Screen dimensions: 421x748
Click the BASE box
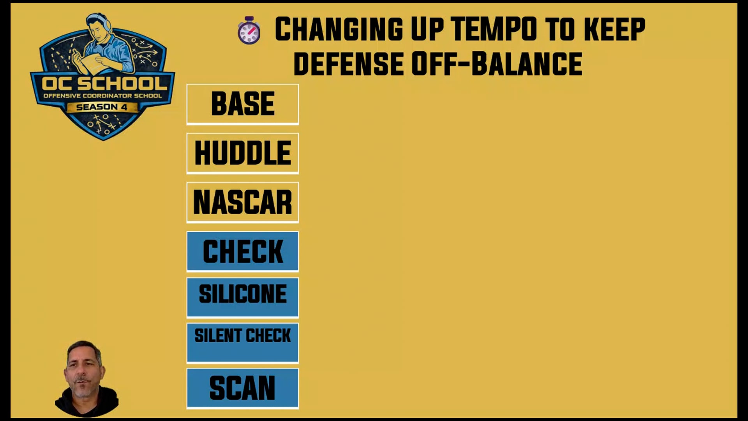point(243,104)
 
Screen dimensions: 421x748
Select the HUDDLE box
point(243,153)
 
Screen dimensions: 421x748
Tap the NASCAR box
point(243,202)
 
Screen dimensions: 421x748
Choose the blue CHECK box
point(243,251)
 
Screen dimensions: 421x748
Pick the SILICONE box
point(243,297)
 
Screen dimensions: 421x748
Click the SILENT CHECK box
point(243,343)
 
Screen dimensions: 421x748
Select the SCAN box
point(243,388)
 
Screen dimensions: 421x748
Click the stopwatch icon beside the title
point(249,30)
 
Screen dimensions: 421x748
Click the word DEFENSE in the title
point(349,64)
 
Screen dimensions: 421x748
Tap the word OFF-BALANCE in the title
point(497,64)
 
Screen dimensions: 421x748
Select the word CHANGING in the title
point(339,29)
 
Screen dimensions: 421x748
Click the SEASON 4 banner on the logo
point(102,107)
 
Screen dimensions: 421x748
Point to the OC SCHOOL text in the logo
point(104,83)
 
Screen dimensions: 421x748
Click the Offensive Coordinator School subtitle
point(103,96)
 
